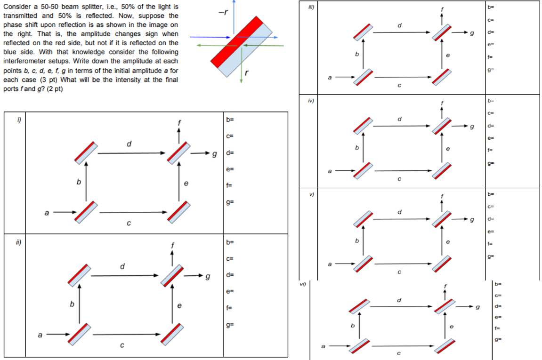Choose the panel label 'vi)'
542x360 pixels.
point(303,284)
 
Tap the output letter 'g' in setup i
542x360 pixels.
point(215,153)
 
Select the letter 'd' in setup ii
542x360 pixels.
point(122,266)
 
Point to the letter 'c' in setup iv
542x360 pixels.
point(399,179)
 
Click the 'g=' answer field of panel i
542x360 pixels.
point(230,202)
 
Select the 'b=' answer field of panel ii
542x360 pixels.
point(230,242)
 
